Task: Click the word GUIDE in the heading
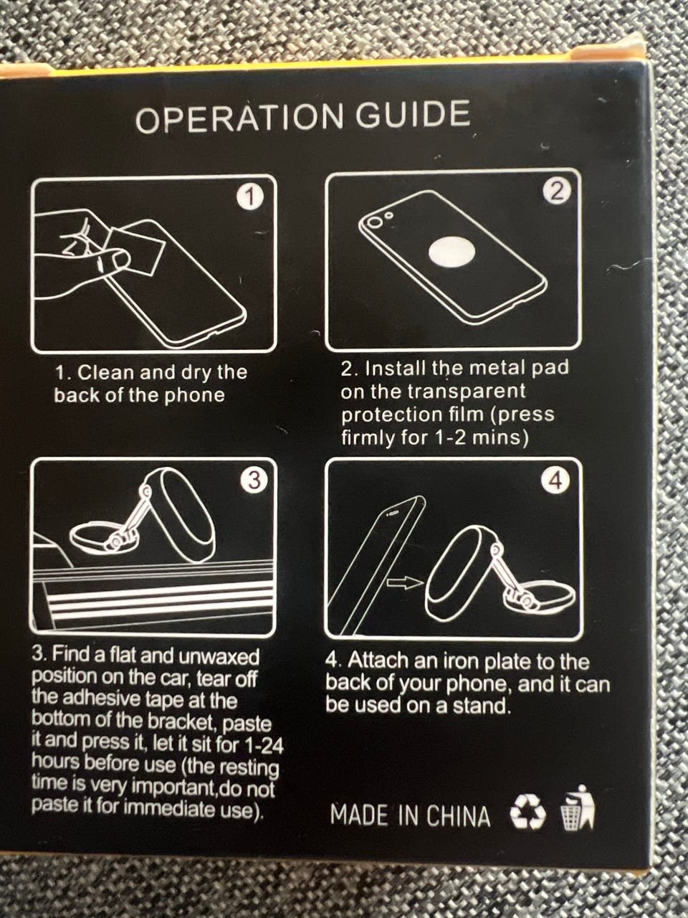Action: click(414, 114)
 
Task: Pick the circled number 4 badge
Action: click(555, 481)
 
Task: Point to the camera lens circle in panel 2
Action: click(373, 222)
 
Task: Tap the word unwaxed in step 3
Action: click(219, 657)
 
